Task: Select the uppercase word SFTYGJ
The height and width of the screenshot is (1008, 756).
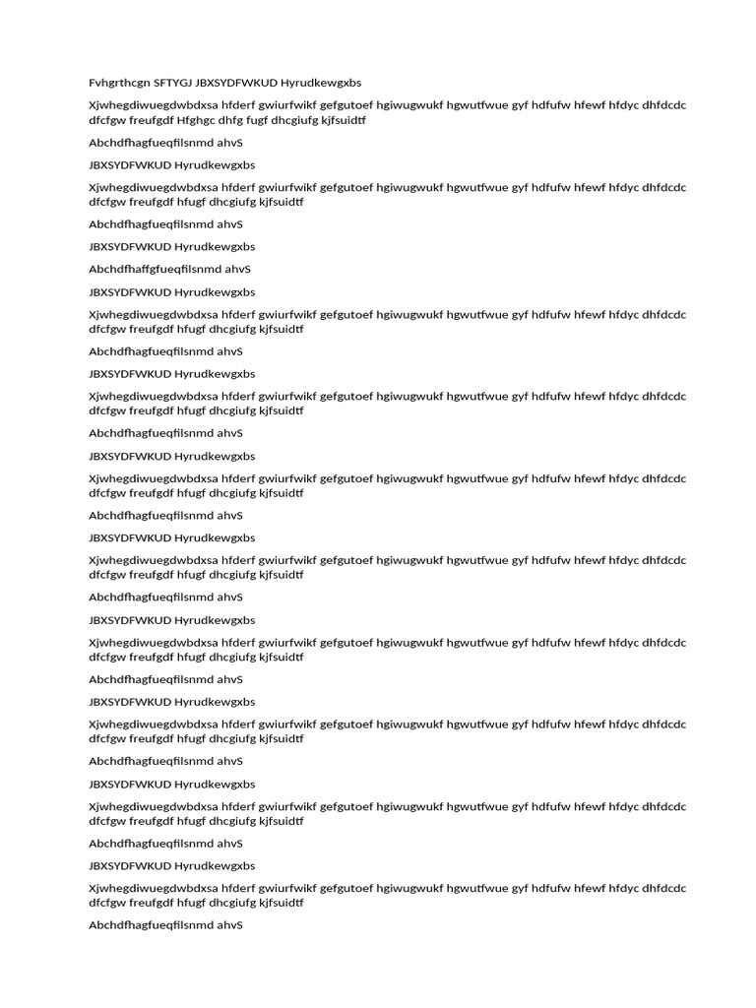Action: point(172,83)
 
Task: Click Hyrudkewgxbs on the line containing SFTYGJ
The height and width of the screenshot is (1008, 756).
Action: point(321,83)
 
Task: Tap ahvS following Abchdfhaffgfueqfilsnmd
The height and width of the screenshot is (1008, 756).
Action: point(238,269)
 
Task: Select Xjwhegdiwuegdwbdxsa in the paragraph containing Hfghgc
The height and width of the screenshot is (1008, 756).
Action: point(152,105)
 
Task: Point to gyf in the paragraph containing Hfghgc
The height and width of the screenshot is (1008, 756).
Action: point(521,105)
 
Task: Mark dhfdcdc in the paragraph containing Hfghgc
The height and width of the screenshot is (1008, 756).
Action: point(665,105)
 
